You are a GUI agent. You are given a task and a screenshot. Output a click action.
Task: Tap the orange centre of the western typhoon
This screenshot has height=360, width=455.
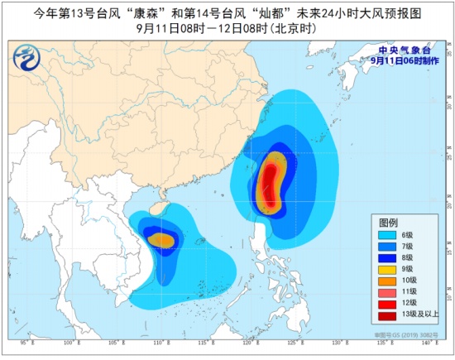[162, 241]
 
